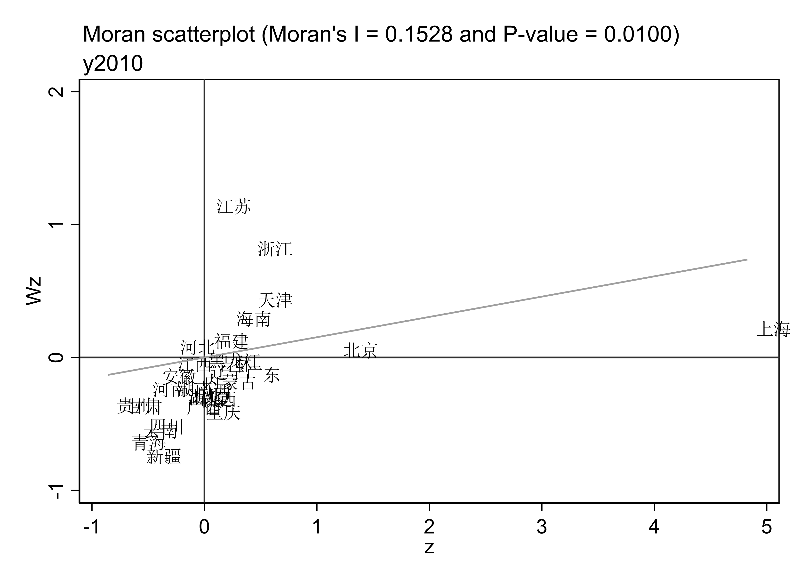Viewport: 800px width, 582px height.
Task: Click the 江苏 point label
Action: [233, 206]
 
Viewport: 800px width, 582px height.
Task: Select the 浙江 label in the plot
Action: [275, 249]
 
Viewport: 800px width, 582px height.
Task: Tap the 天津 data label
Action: [275, 300]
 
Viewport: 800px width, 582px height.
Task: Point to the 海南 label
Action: [254, 319]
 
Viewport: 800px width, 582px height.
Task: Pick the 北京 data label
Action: [360, 350]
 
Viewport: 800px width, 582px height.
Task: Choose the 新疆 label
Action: [164, 457]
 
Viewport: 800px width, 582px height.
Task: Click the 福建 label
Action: [231, 341]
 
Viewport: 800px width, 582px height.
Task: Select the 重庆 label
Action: [223, 412]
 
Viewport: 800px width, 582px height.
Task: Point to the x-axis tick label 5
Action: [767, 527]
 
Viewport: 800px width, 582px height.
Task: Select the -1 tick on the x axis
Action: [91, 527]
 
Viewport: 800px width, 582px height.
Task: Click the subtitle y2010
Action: [113, 64]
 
